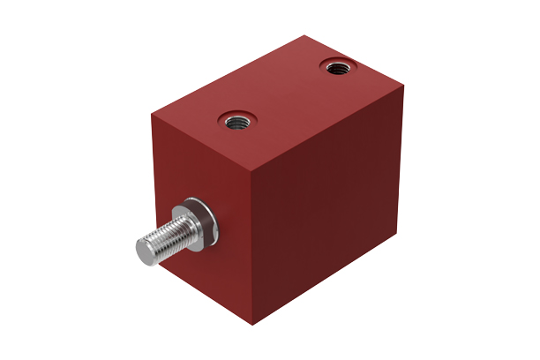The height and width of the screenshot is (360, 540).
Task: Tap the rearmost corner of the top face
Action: point(304,35)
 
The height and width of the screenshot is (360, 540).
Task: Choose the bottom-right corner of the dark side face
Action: point(394,232)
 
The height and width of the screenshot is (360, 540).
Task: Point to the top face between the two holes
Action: point(284,93)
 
